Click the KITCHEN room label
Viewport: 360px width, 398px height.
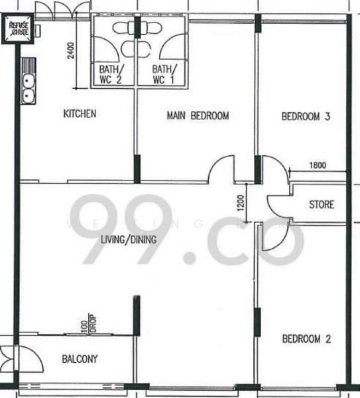click(x=80, y=114)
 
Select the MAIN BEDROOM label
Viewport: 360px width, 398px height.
click(x=197, y=115)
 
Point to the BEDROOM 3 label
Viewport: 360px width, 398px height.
click(x=306, y=117)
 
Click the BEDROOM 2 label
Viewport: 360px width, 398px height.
click(x=306, y=339)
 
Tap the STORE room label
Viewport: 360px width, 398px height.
click(x=322, y=204)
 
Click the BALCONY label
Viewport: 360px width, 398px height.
click(x=80, y=360)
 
